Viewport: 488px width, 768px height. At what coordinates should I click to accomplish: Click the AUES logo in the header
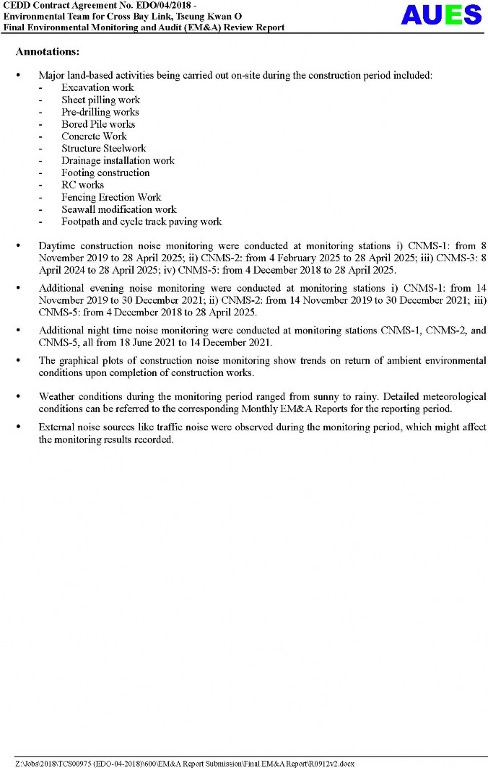tap(441, 15)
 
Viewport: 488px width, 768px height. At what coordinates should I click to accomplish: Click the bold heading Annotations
tap(48, 52)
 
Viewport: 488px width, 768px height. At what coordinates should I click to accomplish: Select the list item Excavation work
tap(97, 87)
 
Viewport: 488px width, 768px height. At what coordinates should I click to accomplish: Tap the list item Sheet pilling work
tap(100, 100)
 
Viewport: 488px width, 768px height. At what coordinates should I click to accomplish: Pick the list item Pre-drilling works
tap(100, 112)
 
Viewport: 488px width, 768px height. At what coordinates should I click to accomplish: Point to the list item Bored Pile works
tap(98, 124)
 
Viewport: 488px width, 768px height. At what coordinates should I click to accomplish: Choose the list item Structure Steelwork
tap(103, 148)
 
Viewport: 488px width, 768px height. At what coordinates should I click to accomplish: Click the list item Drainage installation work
tap(118, 160)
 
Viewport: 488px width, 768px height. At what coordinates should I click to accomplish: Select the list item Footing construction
tap(105, 173)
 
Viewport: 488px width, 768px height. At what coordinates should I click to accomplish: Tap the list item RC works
tap(82, 185)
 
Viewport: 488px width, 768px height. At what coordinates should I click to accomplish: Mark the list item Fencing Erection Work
tap(111, 197)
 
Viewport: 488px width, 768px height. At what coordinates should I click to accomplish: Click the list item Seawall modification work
tap(118, 209)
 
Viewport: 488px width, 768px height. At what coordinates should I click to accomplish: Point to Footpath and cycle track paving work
tap(141, 222)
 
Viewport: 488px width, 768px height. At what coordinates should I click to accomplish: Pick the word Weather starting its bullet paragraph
tap(58, 396)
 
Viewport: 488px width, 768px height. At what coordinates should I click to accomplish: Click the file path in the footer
tap(185, 763)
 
